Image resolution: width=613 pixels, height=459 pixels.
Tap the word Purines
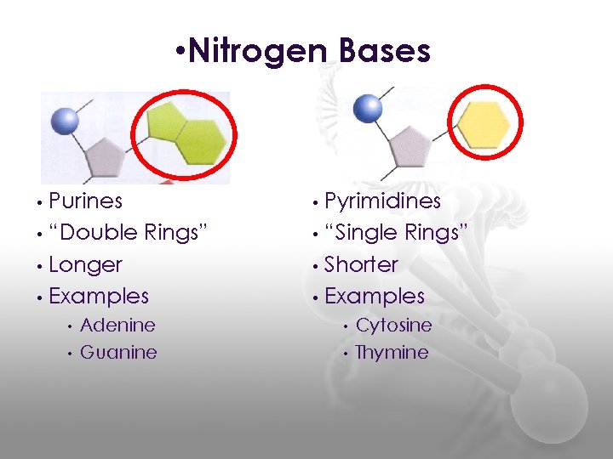[85, 201]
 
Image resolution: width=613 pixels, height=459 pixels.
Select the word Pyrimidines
[382, 201]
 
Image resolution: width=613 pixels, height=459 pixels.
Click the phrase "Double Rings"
[128, 233]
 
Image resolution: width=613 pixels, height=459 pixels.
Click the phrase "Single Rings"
[397, 233]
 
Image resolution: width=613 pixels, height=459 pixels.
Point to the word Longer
[85, 264]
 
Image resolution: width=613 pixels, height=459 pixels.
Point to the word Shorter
[361, 264]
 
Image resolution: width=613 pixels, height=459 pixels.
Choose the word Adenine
[117, 325]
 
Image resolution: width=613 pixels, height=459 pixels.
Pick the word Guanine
[118, 352]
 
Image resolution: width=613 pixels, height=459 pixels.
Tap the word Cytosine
[393, 325]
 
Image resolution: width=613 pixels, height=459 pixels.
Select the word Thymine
[392, 352]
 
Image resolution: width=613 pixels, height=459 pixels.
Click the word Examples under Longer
[99, 296]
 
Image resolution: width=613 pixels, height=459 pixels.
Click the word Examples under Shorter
[375, 296]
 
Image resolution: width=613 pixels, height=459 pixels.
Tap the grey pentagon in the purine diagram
[106, 156]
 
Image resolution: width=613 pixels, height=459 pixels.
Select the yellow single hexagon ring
[483, 125]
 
